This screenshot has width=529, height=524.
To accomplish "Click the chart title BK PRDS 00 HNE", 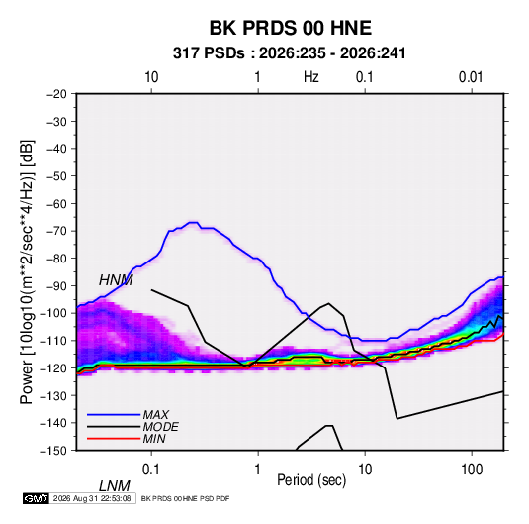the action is (291, 28).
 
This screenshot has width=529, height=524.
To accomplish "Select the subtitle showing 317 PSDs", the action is (289, 53).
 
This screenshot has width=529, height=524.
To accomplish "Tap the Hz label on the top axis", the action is (311, 77).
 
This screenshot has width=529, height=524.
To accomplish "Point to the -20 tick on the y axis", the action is (56, 94).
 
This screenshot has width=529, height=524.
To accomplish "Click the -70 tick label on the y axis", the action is (56, 231).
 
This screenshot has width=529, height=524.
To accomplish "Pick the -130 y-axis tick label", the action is (53, 395).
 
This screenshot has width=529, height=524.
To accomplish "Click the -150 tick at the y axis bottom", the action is (53, 451).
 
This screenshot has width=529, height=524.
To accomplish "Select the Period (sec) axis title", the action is (311, 480).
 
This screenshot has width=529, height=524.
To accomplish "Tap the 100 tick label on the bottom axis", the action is (472, 470).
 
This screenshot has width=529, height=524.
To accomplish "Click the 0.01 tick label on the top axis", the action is (471, 77).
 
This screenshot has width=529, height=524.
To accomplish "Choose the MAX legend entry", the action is (156, 414).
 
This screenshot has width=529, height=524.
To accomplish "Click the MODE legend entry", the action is (160, 427).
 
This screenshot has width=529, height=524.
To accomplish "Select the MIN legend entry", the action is (154, 439).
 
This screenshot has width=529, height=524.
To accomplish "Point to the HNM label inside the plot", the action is (116, 280).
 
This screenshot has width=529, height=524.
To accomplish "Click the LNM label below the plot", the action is (114, 486).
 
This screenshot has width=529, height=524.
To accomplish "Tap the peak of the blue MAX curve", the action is (194, 223).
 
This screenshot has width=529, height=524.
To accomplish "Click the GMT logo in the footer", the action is (37, 498).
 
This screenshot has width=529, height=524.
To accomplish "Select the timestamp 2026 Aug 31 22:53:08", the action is (92, 498).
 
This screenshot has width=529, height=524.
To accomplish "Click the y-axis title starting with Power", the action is (27, 272).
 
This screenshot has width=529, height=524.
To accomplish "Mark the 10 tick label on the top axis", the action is (151, 77).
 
